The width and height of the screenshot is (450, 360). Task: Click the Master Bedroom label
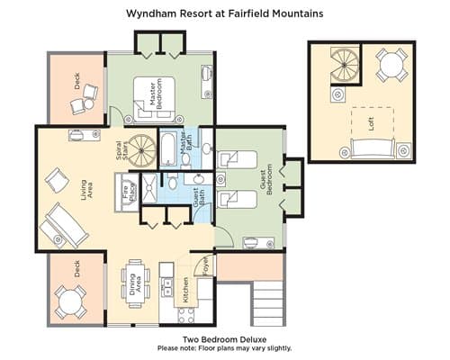(x=156, y=94)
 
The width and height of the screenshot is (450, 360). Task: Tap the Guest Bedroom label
(x=266, y=179)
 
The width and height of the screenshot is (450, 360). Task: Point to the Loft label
(x=371, y=123)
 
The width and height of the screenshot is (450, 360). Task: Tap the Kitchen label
(x=185, y=290)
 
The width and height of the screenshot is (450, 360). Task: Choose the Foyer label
(x=206, y=265)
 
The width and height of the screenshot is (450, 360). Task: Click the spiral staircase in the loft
(x=345, y=65)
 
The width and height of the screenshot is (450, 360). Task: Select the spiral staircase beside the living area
(x=142, y=150)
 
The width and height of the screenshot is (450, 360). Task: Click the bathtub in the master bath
(x=168, y=149)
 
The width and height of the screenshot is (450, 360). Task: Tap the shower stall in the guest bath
(x=149, y=189)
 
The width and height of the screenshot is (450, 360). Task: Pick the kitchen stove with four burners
(x=186, y=315)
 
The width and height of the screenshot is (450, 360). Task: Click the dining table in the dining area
(x=135, y=283)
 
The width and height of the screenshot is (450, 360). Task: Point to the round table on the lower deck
(x=70, y=302)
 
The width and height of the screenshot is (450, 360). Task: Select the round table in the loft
(x=391, y=65)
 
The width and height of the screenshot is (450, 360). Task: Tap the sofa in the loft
(x=373, y=148)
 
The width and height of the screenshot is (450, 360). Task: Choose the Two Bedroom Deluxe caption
(x=225, y=339)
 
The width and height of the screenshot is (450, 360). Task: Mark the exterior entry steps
(x=268, y=303)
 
